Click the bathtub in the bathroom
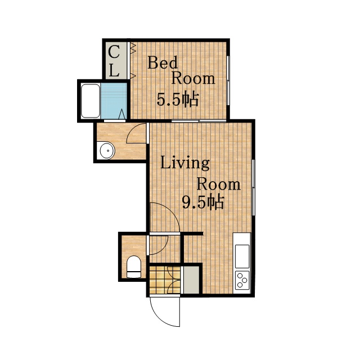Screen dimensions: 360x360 (x=91, y=101)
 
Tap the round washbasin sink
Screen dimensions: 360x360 (x=107, y=150)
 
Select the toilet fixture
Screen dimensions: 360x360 (x=134, y=267)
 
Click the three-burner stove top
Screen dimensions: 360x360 (x=242, y=280)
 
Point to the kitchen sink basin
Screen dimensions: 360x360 (x=242, y=256)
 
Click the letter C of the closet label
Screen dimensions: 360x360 (x=114, y=52)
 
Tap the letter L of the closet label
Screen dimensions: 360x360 (x=114, y=70)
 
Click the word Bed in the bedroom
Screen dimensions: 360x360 (x=163, y=62)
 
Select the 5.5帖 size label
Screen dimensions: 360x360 (x=177, y=100)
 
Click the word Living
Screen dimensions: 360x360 (x=185, y=164)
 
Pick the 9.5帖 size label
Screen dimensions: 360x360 (x=202, y=202)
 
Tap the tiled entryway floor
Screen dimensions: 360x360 (x=165, y=280)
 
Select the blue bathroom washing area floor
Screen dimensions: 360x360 (x=114, y=101)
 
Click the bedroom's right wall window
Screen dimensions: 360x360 (x=228, y=80)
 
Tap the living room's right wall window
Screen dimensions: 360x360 (x=253, y=187)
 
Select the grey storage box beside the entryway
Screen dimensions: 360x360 (x=191, y=280)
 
